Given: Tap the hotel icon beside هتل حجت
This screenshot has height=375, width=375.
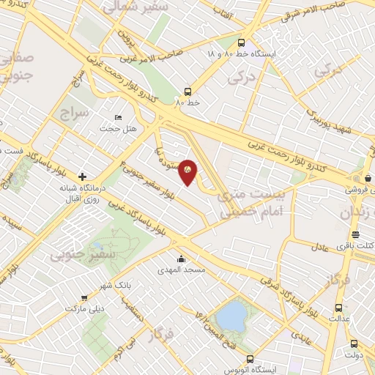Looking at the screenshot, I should (x=119, y=117).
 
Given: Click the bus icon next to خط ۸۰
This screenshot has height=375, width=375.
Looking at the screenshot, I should (x=189, y=92).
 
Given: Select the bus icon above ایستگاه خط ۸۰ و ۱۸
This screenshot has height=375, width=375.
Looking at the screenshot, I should (x=242, y=42).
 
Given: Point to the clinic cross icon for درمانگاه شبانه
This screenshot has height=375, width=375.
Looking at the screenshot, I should (x=83, y=177).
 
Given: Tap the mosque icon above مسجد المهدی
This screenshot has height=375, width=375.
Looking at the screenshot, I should (x=182, y=259).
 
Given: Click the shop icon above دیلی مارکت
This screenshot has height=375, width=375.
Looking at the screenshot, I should (x=86, y=297).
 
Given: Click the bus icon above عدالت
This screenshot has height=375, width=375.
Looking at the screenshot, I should (x=338, y=308).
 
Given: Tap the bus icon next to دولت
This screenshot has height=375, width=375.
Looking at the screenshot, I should (x=354, y=344).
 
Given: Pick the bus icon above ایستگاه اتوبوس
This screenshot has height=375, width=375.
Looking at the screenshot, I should (x=250, y=359).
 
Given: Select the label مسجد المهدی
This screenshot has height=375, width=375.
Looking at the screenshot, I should (x=184, y=270).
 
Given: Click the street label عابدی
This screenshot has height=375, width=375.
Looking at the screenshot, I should (x=300, y=338).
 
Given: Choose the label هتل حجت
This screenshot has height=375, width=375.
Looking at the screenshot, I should (x=114, y=129).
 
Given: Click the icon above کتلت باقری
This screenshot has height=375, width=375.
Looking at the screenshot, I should (x=356, y=234).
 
